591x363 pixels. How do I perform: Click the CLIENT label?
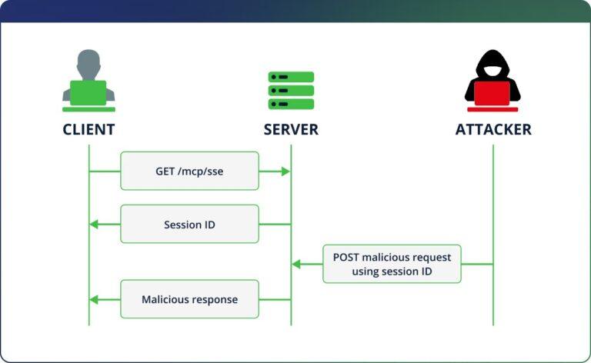click(x=88, y=129)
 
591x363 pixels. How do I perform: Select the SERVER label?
click(x=291, y=129)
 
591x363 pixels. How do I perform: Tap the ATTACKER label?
click(x=493, y=129)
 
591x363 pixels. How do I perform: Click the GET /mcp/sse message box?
click(x=189, y=171)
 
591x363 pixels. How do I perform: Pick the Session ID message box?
click(x=189, y=225)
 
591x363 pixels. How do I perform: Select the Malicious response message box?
click(x=189, y=299)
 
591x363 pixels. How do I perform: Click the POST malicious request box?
click(x=392, y=264)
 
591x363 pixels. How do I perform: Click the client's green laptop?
click(x=88, y=93)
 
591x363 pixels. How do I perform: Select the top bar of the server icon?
click(x=291, y=77)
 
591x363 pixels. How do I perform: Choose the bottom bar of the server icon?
click(x=291, y=104)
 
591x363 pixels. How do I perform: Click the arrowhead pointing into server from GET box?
click(x=285, y=171)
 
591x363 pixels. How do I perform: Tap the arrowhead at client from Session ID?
click(x=94, y=225)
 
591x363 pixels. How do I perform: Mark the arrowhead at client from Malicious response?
click(x=94, y=299)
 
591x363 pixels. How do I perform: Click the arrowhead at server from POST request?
click(x=296, y=264)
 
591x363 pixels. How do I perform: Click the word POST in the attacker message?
click(x=346, y=257)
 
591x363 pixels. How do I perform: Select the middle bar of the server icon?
click(x=291, y=91)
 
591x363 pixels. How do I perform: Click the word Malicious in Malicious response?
click(x=165, y=299)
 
